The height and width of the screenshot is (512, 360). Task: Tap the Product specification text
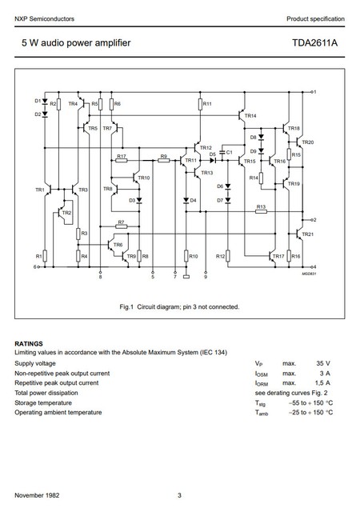point(315,18)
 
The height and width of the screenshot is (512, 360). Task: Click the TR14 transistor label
point(250,116)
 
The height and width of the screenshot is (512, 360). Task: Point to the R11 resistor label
point(207,104)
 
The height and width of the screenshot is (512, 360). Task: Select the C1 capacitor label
point(229,151)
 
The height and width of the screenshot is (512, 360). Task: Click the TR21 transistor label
point(308,234)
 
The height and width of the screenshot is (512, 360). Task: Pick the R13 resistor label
point(261,206)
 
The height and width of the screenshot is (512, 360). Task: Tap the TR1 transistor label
point(40,190)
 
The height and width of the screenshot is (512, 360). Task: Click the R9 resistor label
point(163,156)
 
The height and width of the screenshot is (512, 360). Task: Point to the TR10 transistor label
point(144,178)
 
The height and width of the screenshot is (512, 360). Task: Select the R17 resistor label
point(121,156)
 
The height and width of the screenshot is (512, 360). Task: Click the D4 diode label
point(193,200)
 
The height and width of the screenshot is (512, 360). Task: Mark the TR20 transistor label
point(308,142)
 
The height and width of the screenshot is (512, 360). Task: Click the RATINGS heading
point(29,342)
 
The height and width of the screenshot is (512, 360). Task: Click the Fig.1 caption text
point(179,306)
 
